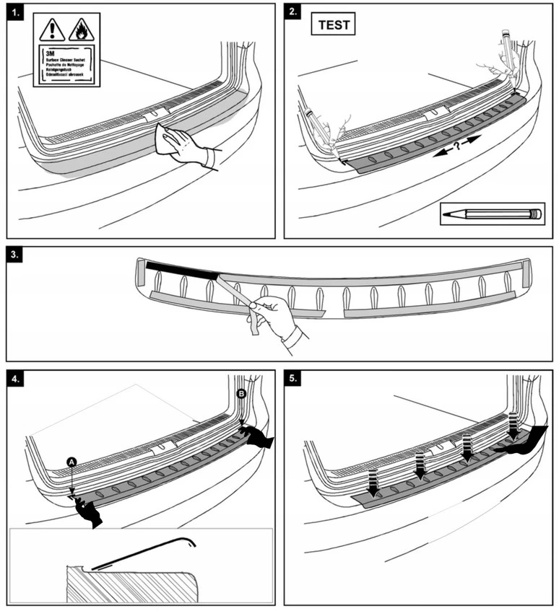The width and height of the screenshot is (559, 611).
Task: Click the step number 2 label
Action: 292,14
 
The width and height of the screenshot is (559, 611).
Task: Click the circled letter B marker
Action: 240,393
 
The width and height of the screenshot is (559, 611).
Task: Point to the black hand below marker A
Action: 90,511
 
